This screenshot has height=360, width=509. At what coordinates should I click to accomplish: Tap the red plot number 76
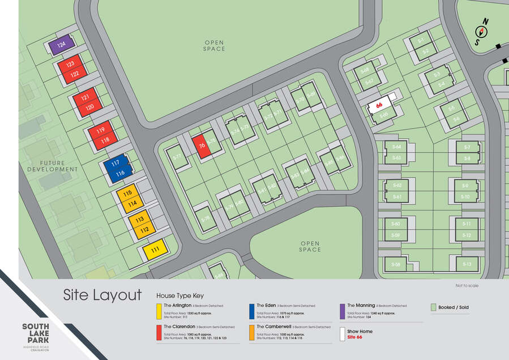click(202, 146)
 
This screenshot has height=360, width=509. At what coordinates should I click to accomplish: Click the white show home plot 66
click(379, 105)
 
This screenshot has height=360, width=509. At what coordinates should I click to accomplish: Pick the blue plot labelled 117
click(116, 163)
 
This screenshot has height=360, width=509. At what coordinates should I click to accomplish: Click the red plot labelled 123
click(70, 65)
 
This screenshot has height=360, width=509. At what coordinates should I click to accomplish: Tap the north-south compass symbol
click(482, 32)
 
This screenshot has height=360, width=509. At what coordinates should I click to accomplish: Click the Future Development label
click(52, 166)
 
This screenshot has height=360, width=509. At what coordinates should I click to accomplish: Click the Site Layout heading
click(102, 295)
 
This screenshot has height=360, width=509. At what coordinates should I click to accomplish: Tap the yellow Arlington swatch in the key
click(159, 311)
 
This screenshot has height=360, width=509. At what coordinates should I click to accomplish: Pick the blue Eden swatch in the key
click(251, 311)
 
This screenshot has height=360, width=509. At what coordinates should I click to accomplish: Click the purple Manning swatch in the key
click(342, 311)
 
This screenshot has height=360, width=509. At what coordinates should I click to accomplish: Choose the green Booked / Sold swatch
click(433, 307)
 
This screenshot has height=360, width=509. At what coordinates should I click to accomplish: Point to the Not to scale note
click(467, 286)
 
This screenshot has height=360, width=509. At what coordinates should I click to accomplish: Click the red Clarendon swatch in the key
click(159, 333)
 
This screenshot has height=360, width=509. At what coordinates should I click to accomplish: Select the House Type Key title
click(179, 295)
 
